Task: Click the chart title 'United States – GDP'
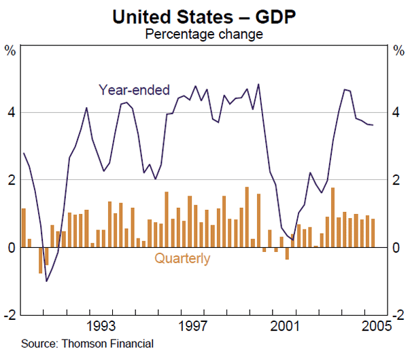coord(204,16)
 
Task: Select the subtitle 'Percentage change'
coord(204,33)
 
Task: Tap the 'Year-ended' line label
coord(134,90)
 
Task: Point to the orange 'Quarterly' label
coord(182,258)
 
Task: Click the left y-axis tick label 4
coord(11,112)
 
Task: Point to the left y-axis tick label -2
coord(10,315)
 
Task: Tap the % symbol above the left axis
coord(11,50)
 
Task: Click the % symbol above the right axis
coord(398,50)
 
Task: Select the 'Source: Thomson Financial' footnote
coord(87,344)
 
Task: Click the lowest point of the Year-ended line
coord(46,281)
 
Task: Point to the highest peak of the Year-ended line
coord(258,84)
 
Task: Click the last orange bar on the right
coord(373,233)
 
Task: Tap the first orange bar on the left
coord(24,228)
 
